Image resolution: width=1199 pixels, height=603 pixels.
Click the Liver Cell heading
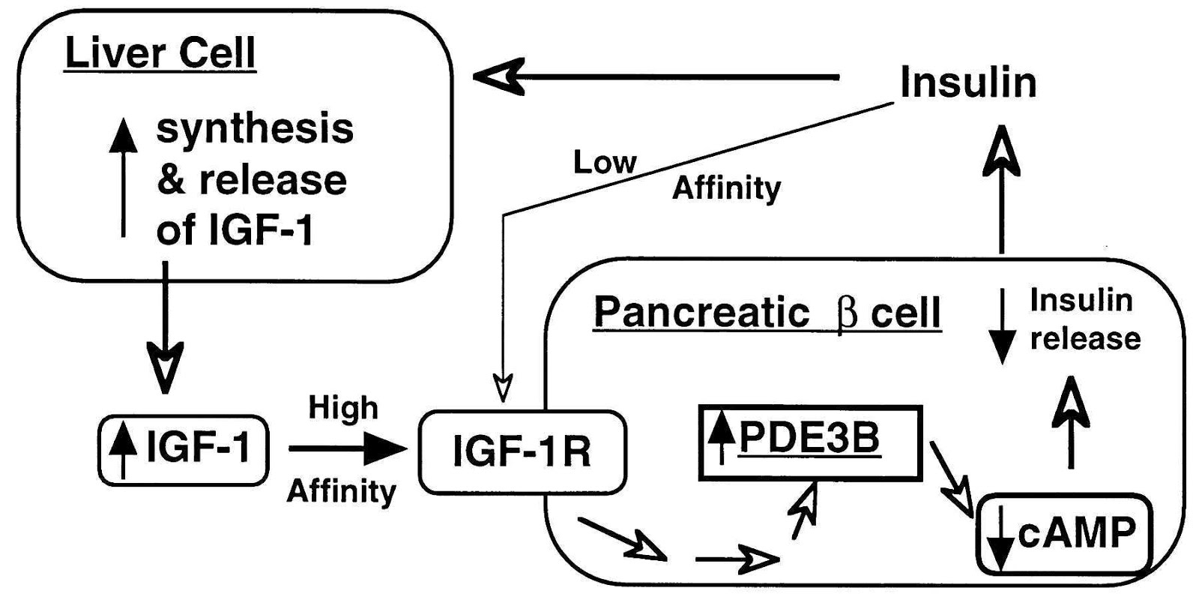160,53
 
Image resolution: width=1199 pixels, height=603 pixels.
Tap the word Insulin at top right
968,82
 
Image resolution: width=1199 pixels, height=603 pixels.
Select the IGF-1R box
522,451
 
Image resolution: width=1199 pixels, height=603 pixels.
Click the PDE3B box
809,442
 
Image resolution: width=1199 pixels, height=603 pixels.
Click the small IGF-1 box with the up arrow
184,449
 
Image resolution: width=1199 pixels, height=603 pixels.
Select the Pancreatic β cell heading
767,313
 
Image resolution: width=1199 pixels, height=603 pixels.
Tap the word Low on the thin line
605,162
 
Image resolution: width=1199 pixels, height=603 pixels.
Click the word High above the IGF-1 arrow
343,409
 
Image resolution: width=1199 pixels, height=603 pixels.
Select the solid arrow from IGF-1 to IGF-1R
348,448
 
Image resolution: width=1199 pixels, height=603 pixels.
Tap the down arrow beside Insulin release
1002,326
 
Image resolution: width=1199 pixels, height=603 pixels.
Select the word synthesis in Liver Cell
255,129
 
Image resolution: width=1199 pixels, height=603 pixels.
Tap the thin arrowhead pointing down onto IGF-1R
504,386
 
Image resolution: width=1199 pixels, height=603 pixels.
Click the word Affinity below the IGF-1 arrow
342,492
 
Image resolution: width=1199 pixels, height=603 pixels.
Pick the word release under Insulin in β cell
1084,338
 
